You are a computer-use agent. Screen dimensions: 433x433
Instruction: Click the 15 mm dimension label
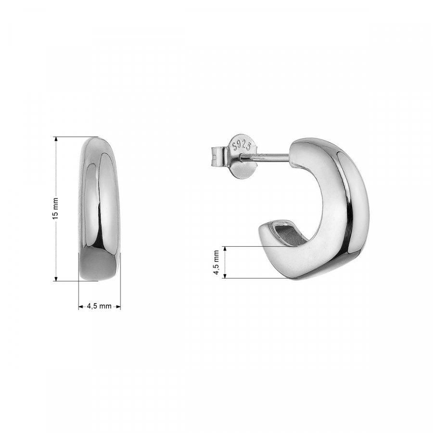click(x=55, y=209)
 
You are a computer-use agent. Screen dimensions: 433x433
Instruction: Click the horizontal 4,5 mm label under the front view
click(x=99, y=306)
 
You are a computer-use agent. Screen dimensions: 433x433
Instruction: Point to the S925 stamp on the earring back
click(x=242, y=145)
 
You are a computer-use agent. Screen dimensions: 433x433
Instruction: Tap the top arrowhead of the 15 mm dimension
click(x=56, y=140)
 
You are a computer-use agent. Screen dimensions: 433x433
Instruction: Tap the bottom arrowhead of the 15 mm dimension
click(x=56, y=278)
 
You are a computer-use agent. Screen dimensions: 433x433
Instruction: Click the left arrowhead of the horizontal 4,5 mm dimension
click(x=81, y=306)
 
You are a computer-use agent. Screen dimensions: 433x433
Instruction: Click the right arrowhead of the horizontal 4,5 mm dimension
click(x=118, y=306)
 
